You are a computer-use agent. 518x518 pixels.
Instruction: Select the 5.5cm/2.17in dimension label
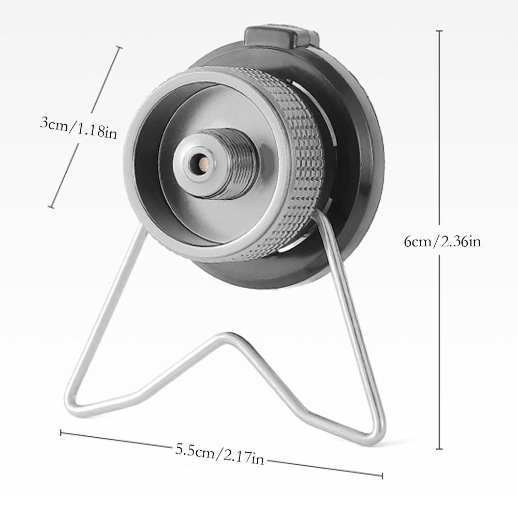[x=219, y=454]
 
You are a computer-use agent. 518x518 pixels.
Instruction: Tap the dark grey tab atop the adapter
[x=280, y=36]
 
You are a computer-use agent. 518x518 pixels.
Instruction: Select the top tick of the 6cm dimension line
[x=439, y=32]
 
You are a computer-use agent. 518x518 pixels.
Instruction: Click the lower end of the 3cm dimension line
[x=51, y=207]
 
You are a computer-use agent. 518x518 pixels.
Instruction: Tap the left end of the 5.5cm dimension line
[x=61, y=433]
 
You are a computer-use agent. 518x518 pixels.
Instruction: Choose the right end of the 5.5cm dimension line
[x=382, y=475]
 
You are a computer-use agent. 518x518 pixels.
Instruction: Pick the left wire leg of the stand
[x=106, y=310]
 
